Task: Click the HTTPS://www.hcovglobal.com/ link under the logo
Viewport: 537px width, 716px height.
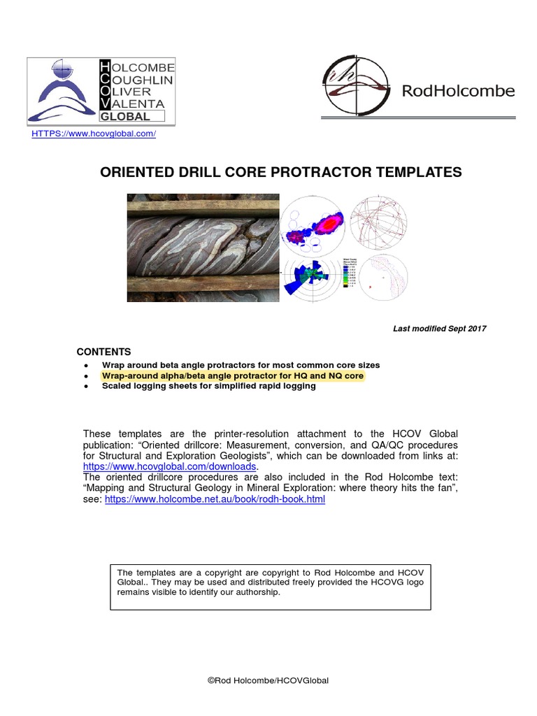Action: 94,134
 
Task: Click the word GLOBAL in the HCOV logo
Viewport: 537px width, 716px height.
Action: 125,117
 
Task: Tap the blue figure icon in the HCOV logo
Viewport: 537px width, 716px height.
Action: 62,91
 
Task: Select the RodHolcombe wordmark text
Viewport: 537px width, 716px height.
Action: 459,91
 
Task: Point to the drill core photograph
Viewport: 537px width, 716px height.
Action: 203,248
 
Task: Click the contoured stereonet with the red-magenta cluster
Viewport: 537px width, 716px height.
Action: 313,225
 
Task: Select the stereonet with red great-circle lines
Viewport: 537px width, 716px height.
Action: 378,224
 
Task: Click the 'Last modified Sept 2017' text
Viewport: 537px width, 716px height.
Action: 440,329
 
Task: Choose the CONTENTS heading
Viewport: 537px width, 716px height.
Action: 103,352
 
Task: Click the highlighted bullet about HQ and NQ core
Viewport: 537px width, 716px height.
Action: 233,376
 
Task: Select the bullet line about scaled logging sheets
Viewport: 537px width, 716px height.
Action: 208,386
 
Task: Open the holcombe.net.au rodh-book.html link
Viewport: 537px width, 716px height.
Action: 215,500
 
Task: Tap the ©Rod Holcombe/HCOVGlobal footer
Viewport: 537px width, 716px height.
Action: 268,680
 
